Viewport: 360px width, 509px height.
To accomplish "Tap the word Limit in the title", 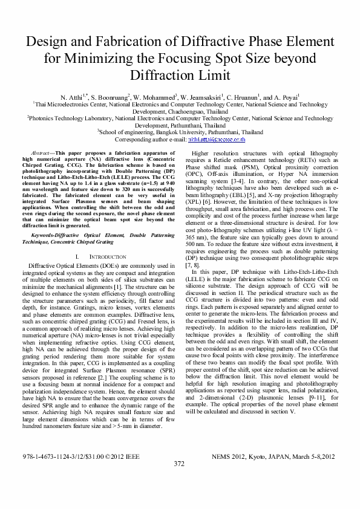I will (x=212, y=75).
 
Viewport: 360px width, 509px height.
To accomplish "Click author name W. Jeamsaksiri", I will (x=202, y=97).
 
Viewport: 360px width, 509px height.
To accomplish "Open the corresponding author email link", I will (x=216, y=138).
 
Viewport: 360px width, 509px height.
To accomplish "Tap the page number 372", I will (x=179, y=481).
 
